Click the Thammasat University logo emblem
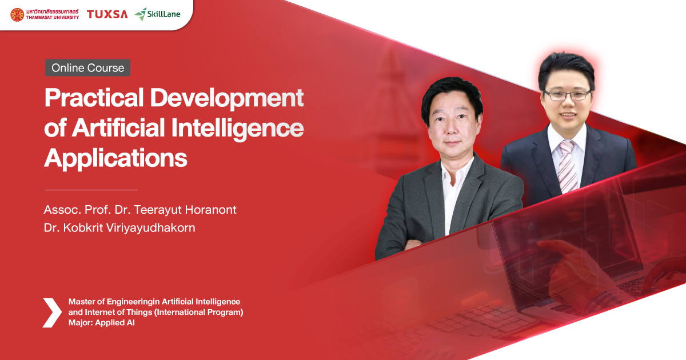18,14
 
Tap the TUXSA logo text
107,14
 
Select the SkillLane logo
158,14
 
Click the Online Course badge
87,68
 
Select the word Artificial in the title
117,129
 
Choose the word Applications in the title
116,158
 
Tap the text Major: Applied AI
101,323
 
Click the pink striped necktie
567,166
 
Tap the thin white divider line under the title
91,189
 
